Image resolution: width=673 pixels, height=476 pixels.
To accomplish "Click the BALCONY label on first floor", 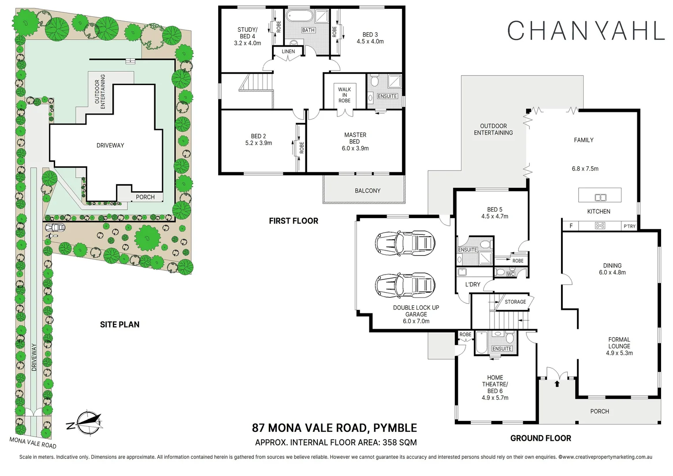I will pyautogui.click(x=367, y=191).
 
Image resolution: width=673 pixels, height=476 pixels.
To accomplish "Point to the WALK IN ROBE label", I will pyautogui.click(x=344, y=95).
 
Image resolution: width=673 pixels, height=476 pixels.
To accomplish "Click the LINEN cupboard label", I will pyautogui.click(x=288, y=52).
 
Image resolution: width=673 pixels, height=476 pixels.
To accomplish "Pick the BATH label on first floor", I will pyautogui.click(x=308, y=30).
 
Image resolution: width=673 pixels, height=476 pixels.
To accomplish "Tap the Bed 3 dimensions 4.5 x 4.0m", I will pyautogui.click(x=370, y=41).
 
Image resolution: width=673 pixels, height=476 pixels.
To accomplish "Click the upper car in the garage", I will pyautogui.click(x=405, y=243).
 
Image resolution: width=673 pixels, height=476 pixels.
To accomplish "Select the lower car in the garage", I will pyautogui.click(x=405, y=285).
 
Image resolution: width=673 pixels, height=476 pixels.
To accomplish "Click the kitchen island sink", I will pyautogui.click(x=600, y=197).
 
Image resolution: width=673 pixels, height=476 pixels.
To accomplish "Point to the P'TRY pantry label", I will pyautogui.click(x=629, y=226).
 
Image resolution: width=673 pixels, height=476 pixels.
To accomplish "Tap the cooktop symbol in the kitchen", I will pyautogui.click(x=600, y=226).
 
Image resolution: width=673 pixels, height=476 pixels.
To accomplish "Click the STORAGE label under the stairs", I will pyautogui.click(x=515, y=302).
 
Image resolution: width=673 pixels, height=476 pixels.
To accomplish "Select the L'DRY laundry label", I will pyautogui.click(x=472, y=284).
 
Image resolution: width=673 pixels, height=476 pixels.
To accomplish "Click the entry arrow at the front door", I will pyautogui.click(x=557, y=383).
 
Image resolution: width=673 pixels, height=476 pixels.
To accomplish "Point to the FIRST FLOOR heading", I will pyautogui.click(x=294, y=221).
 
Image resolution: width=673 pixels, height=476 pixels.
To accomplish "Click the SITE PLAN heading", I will pyautogui.click(x=119, y=325).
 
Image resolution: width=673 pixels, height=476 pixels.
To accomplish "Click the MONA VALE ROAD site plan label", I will pyautogui.click(x=33, y=442).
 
